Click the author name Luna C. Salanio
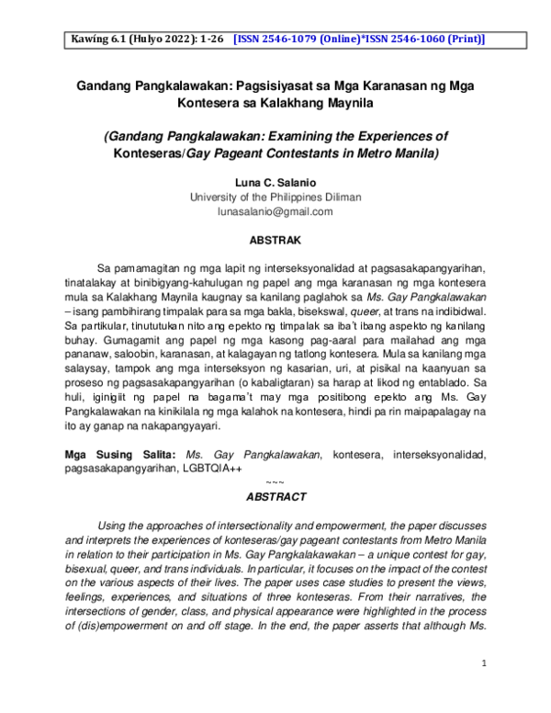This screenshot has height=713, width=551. (x=275, y=183)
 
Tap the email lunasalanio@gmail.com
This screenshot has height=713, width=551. (x=275, y=212)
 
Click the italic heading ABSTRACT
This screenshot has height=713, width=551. (x=275, y=496)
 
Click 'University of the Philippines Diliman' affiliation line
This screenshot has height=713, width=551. (x=275, y=198)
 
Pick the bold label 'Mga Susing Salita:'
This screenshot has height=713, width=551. (x=120, y=455)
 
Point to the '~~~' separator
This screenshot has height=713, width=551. (x=275, y=482)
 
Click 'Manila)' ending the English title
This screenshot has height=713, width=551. (x=415, y=153)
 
